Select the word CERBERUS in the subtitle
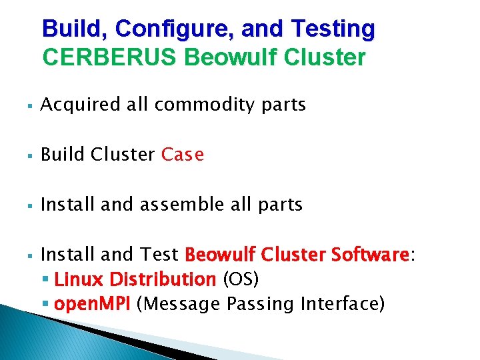click(109, 57)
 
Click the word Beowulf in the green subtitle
click(230, 57)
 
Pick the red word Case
click(183, 155)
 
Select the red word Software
click(370, 255)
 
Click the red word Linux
click(79, 279)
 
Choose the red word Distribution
click(163, 279)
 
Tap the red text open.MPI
click(93, 304)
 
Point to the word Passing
click(261, 304)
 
